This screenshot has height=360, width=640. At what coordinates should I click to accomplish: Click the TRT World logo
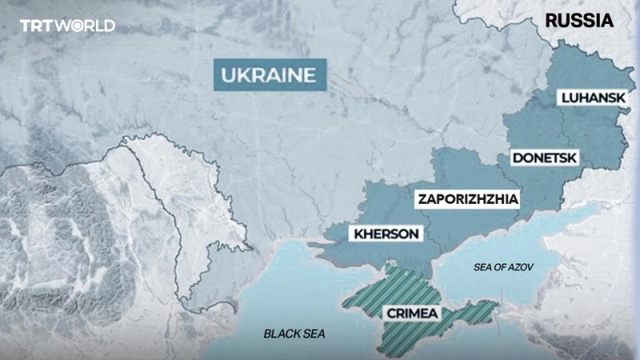(67, 26)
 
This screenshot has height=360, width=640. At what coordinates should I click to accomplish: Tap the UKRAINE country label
(265, 76)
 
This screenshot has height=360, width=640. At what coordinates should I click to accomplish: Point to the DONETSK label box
(546, 158)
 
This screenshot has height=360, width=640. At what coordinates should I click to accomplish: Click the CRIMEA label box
(411, 313)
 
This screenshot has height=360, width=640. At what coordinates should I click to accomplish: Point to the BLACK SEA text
(294, 333)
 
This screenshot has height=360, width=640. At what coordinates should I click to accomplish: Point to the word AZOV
(518, 266)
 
